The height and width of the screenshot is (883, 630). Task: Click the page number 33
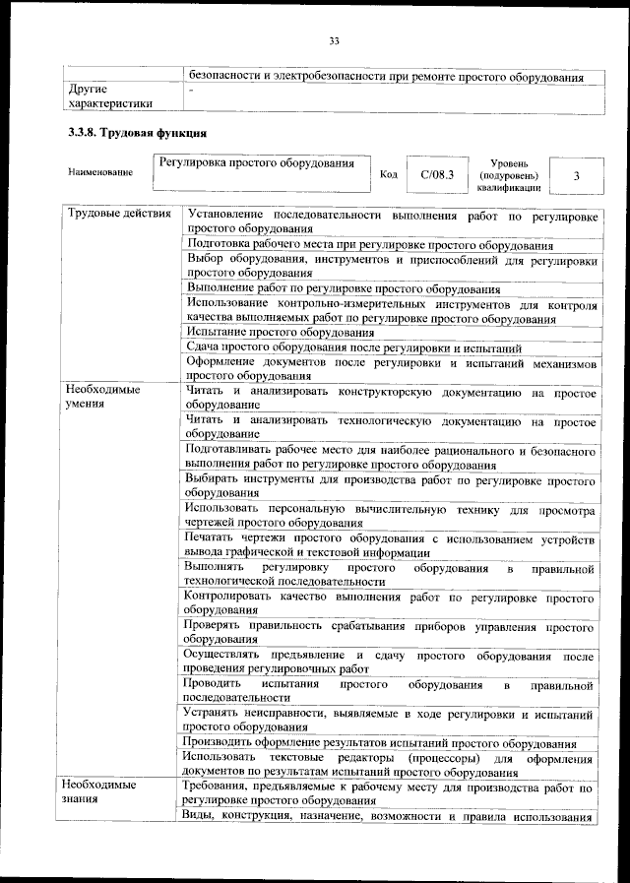pos(334,40)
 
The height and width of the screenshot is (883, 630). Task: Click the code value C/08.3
pos(437,175)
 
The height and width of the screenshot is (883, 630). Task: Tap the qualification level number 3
pos(576,175)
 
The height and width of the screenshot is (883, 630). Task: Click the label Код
pos(388,175)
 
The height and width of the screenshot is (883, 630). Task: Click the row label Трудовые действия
pos(117,214)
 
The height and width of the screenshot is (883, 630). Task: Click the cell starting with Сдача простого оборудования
pos(360,347)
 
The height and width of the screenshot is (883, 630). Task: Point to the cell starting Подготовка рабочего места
pos(369,245)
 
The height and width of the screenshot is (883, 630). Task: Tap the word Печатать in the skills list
pos(213,538)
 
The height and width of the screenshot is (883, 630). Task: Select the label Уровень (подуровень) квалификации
pos(508,174)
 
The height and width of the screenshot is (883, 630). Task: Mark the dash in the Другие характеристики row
pos(192,90)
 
